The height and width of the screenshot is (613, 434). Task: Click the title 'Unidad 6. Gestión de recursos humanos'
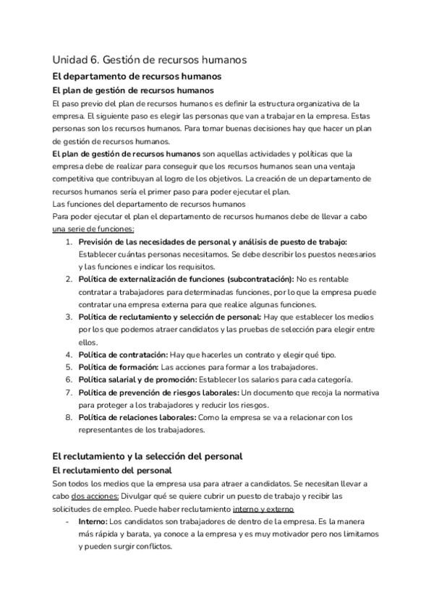[150, 60]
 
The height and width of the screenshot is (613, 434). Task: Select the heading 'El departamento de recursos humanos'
[137, 76]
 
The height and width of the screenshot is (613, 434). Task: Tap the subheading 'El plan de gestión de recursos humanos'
[133, 90]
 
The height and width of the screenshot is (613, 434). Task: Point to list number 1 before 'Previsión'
[69, 241]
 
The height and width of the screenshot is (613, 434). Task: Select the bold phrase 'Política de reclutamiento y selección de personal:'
[170, 317]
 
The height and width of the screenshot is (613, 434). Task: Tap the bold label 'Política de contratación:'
[123, 354]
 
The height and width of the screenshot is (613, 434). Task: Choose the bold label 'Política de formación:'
[118, 367]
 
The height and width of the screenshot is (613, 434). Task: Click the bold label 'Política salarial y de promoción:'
[137, 380]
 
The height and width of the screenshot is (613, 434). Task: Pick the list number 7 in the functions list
[69, 393]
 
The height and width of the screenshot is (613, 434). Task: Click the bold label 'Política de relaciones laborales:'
[137, 418]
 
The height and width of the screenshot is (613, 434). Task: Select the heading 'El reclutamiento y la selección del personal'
[148, 456]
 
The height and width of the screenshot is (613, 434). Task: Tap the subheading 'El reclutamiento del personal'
[112, 471]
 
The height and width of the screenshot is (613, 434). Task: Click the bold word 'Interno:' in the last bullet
[93, 521]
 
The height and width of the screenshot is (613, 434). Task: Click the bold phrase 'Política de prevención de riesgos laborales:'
[159, 393]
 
